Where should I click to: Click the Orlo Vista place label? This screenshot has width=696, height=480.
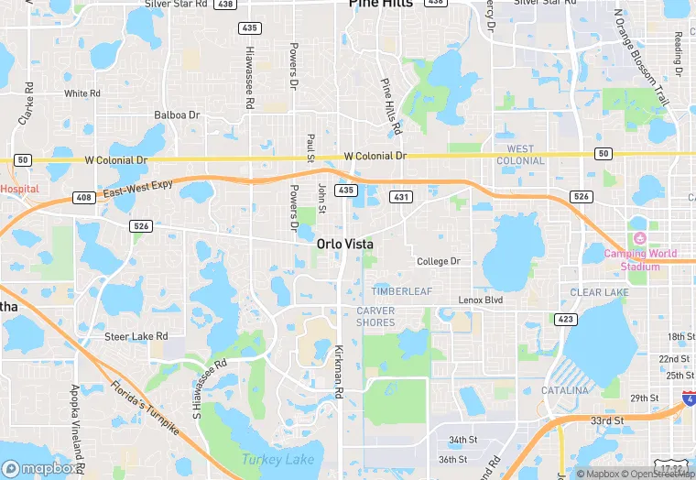(x=344, y=245)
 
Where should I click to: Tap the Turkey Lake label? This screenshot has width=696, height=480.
(x=277, y=460)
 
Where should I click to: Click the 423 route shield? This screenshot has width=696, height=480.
(x=565, y=320)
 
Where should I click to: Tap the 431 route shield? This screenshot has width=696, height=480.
(x=400, y=197)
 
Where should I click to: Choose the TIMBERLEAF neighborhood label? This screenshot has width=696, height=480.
(x=401, y=291)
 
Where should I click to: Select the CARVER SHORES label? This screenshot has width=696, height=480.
(x=375, y=316)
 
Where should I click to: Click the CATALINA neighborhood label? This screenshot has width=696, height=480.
(x=564, y=391)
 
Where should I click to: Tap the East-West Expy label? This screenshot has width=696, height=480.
(x=138, y=189)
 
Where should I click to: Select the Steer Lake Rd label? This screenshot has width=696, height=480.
(x=136, y=336)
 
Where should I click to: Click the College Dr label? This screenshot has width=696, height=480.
(x=438, y=261)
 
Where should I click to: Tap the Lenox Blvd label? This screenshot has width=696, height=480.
(x=481, y=300)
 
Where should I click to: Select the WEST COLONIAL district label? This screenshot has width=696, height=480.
(x=520, y=154)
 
